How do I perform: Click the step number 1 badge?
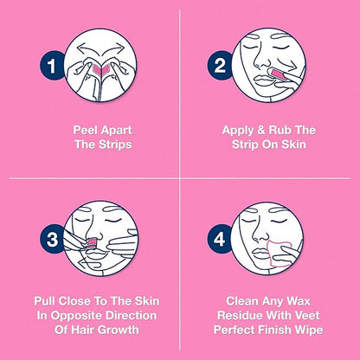[x=52, y=66]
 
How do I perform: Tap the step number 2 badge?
[x=220, y=66]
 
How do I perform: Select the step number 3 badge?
[x=52, y=239]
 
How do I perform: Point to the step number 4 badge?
[x=220, y=239]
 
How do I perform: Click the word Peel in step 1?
[x=84, y=130]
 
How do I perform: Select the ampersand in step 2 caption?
[x=261, y=130]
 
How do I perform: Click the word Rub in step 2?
[x=280, y=130]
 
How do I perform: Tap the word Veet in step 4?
[x=308, y=315]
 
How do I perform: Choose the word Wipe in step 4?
[x=310, y=330]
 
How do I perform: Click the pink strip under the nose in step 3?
[x=93, y=242]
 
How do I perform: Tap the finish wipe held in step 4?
[x=280, y=254]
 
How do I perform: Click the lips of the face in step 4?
[x=260, y=254]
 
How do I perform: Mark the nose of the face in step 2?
[x=262, y=58]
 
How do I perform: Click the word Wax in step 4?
[x=298, y=301]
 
